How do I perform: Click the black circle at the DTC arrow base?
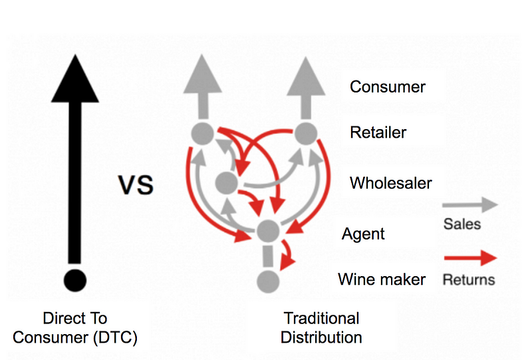[74, 278]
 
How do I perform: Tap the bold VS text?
[136, 184]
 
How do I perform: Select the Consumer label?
[388, 87]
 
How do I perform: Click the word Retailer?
[378, 132]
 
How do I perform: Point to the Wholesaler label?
[390, 182]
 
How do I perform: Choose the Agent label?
[363, 234]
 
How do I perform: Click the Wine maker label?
[381, 279]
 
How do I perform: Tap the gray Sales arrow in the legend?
[469, 204]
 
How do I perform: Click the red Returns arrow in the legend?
[469, 258]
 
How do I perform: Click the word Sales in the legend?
[462, 224]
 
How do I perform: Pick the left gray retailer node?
[202, 133]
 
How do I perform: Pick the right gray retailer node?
[304, 133]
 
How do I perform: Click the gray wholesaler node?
[226, 181]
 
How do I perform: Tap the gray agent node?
[267, 230]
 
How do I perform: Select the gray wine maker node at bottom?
[267, 279]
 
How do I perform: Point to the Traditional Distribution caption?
[321, 327]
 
